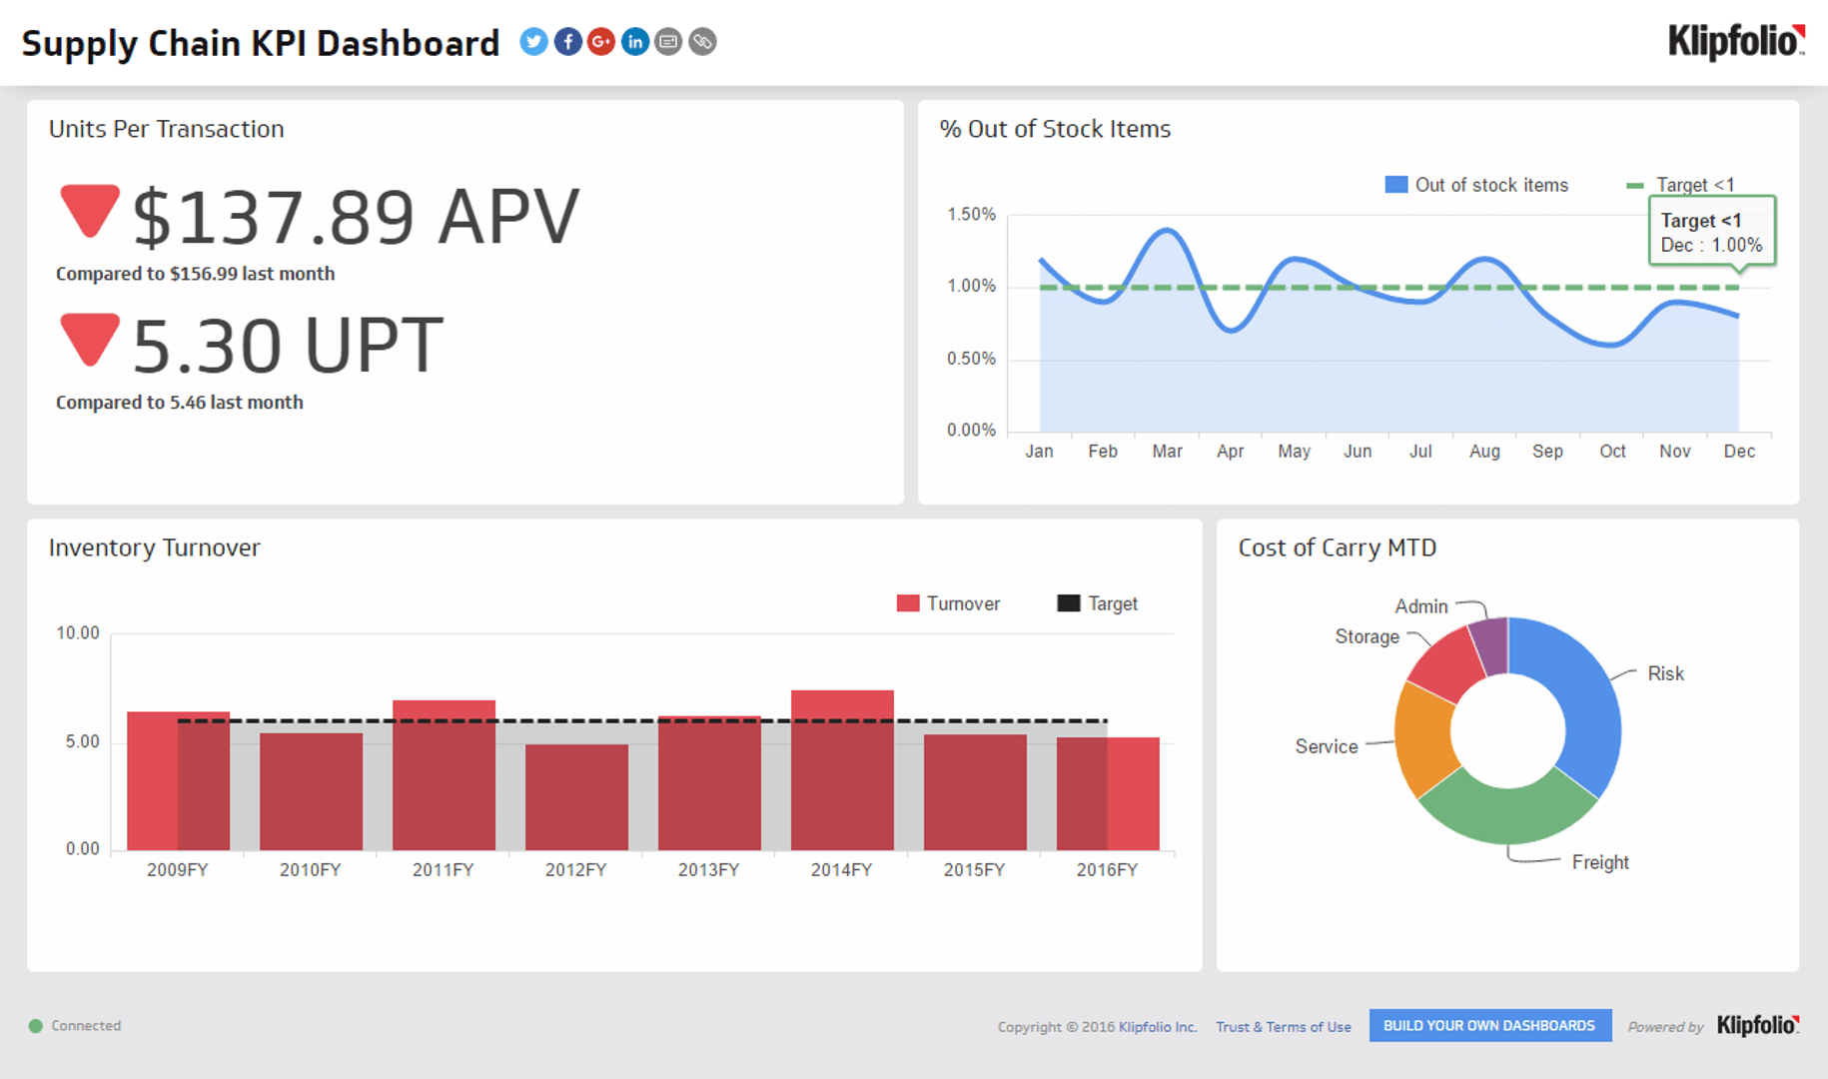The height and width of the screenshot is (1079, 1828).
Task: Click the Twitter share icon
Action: [x=533, y=42]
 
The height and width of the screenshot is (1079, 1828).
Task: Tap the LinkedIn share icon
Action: [x=635, y=42]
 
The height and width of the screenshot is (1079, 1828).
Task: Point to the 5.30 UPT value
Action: [x=288, y=346]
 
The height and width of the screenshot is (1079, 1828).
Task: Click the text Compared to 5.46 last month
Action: [x=180, y=403]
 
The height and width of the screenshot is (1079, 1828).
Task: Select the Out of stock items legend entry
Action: [x=1477, y=185]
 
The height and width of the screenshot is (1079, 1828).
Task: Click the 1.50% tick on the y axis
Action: [x=971, y=215]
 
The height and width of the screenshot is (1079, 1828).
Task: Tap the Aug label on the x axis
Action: [x=1484, y=452]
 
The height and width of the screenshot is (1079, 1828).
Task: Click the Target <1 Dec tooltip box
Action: [x=1711, y=232]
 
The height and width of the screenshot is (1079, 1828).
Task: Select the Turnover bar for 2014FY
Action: [x=842, y=769]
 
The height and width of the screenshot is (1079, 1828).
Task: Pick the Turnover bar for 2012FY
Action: [x=576, y=797]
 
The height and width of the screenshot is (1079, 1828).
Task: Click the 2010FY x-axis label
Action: [x=310, y=870]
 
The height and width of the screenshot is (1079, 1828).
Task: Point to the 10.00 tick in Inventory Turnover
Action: [x=78, y=633]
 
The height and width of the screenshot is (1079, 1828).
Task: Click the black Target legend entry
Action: [x=1098, y=603]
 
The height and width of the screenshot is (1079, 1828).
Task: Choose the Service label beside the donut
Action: [x=1327, y=746]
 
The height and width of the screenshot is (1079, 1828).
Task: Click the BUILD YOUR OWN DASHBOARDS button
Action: [x=1489, y=1026]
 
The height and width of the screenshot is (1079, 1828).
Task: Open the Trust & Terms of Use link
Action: [x=1283, y=1027]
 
